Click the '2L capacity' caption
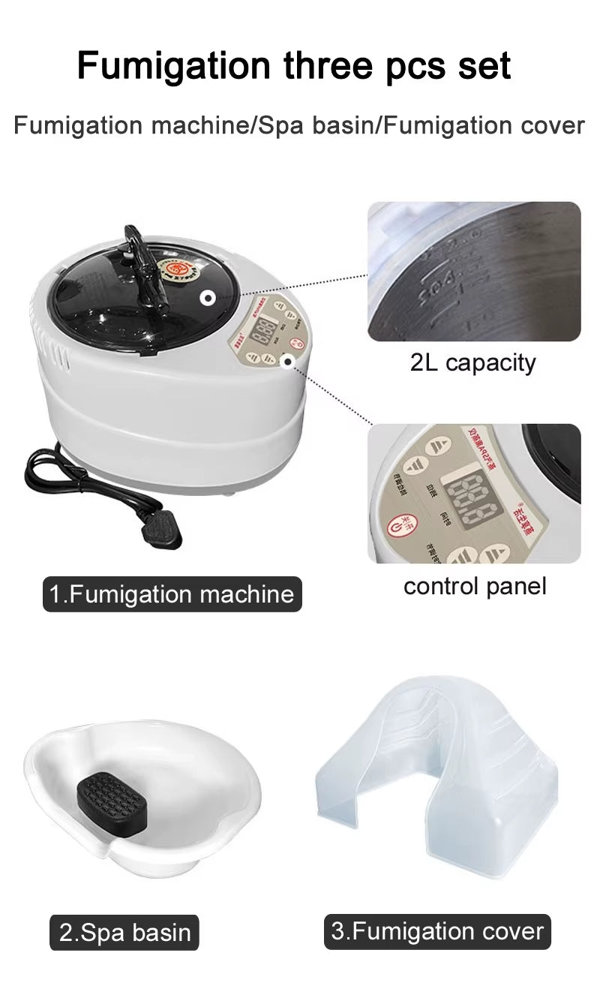pyautogui.click(x=473, y=362)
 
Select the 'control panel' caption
pyautogui.click(x=475, y=585)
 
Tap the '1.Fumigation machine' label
pyautogui.click(x=172, y=594)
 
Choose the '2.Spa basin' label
pyautogui.click(x=124, y=933)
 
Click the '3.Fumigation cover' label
pyautogui.click(x=437, y=931)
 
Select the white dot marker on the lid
pyautogui.click(x=208, y=298)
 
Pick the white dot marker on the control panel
pyautogui.click(x=287, y=361)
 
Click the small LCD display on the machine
pyautogui.click(x=262, y=334)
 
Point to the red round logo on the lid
pyautogui.click(x=178, y=271)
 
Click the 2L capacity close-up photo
pyautogui.click(x=473, y=271)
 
